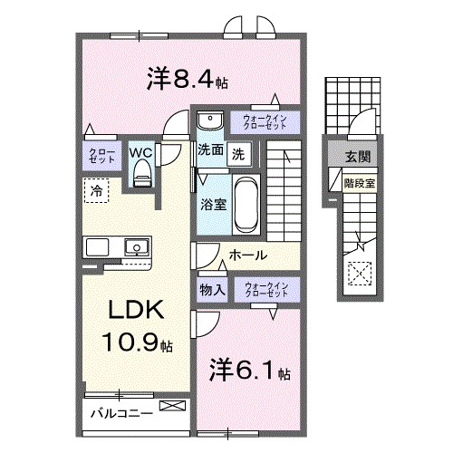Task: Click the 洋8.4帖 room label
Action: click(187, 79)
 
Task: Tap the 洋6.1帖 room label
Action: click(250, 372)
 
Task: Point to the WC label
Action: click(141, 152)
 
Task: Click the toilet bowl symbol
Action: click(140, 176)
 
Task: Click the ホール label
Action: click(246, 256)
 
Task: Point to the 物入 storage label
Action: click(211, 290)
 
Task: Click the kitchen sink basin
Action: click(137, 246)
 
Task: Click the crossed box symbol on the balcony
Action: click(169, 409)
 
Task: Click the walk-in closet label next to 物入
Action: click(265, 290)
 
